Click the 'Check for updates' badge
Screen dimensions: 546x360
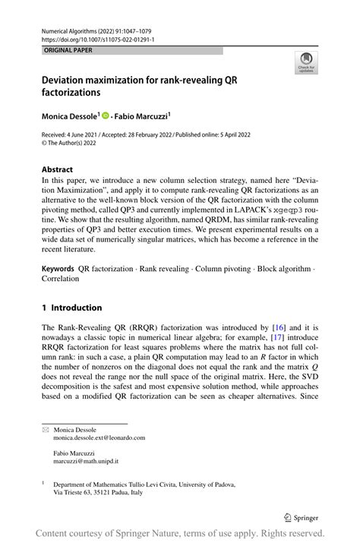tap(305, 64)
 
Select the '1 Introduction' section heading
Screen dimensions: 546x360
tap(72, 308)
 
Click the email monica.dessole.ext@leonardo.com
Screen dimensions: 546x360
tap(99, 437)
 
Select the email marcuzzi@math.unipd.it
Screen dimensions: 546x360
tap(86, 461)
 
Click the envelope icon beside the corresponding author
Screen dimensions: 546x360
tap(45, 429)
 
